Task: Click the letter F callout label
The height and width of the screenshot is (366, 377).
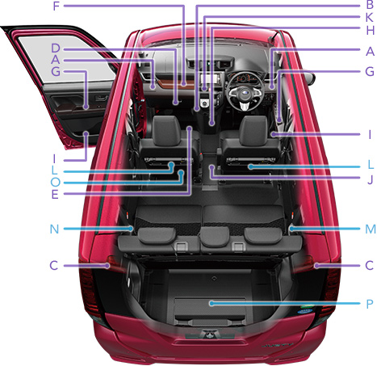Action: (56, 6)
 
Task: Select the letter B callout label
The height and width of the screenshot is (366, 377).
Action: (370, 5)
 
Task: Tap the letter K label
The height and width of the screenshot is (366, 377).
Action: (370, 18)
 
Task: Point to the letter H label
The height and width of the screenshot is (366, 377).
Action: (371, 30)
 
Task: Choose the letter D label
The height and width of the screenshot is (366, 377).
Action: (56, 48)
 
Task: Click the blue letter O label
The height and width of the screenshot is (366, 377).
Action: (56, 183)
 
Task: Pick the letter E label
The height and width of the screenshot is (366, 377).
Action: (55, 195)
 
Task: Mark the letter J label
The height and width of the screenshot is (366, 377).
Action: (371, 179)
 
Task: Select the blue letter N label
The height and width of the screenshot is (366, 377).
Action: (54, 229)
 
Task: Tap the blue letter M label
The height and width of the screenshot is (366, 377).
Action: (371, 229)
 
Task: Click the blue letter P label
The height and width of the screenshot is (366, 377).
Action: (370, 304)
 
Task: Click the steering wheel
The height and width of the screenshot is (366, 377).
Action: (244, 90)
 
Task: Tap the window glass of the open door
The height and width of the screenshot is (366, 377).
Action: (67, 58)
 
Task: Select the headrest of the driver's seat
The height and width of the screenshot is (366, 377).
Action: (253, 130)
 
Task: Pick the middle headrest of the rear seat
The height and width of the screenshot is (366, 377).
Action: (215, 236)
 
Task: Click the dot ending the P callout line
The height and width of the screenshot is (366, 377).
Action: (212, 304)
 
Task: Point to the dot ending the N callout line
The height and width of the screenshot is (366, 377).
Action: (131, 229)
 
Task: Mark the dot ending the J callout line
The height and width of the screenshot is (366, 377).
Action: (212, 167)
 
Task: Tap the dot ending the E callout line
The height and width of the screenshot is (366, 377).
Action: (190, 128)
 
